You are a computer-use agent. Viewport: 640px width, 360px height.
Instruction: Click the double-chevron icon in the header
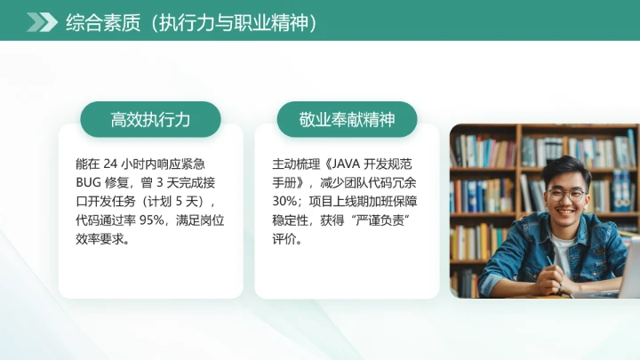(x=41, y=22)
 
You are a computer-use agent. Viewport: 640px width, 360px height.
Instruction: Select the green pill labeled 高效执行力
(x=150, y=119)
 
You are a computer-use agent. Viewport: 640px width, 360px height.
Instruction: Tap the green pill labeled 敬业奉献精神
(x=347, y=119)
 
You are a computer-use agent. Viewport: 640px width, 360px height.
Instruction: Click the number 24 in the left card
(x=110, y=164)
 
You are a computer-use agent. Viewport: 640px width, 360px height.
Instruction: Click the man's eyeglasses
(x=565, y=193)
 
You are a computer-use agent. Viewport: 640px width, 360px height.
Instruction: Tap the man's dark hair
(x=566, y=169)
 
